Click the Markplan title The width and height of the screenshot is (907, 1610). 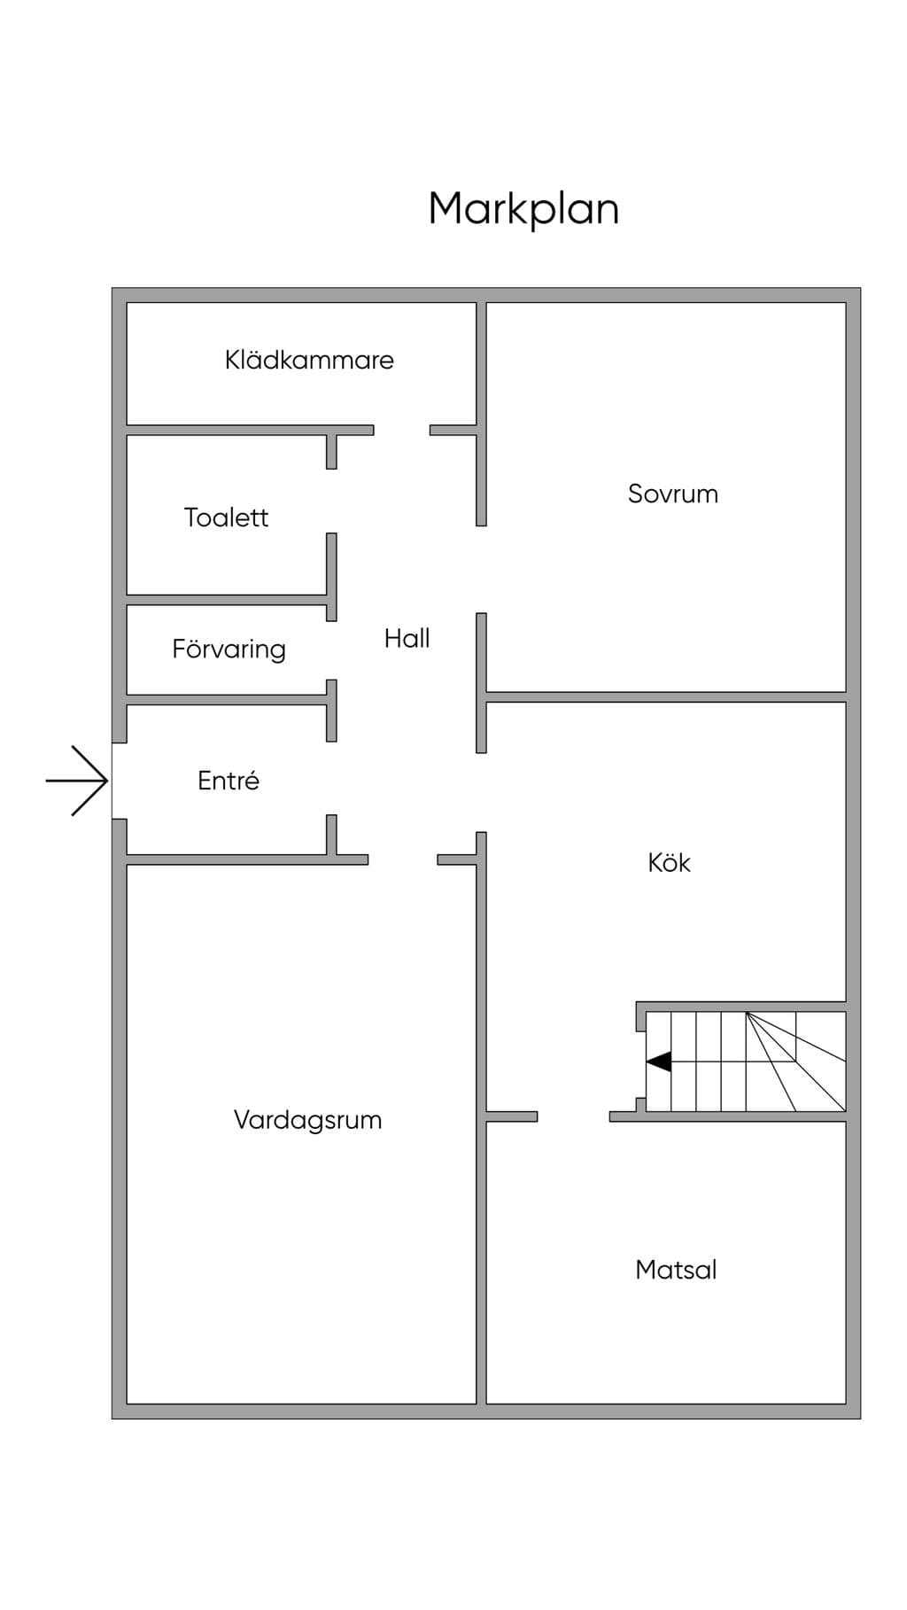click(523, 210)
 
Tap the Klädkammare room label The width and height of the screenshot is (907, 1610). click(309, 360)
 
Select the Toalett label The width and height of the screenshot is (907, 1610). click(226, 517)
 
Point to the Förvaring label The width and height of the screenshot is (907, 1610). click(229, 649)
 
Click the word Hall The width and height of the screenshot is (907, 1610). click(407, 638)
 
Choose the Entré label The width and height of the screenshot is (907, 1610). click(229, 781)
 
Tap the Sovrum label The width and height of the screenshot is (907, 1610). click(673, 494)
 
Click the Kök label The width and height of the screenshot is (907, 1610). click(669, 862)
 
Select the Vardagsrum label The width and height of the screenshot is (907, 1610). click(307, 1120)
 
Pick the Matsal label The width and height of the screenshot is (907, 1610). click(676, 1270)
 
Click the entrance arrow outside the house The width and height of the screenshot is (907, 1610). click(77, 781)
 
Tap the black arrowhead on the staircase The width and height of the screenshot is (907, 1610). click(658, 1062)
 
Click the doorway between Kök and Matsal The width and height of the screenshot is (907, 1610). click(573, 1116)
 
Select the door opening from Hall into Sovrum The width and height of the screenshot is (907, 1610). click(481, 569)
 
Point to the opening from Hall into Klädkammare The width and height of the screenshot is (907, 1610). click(401, 430)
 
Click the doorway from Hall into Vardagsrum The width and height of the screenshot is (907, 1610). click(403, 859)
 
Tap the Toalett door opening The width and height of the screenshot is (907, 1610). click(331, 501)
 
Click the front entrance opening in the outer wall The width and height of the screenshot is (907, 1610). click(119, 781)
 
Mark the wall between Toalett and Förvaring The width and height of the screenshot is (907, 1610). click(227, 600)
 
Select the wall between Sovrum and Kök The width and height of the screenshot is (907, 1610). click(666, 697)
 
